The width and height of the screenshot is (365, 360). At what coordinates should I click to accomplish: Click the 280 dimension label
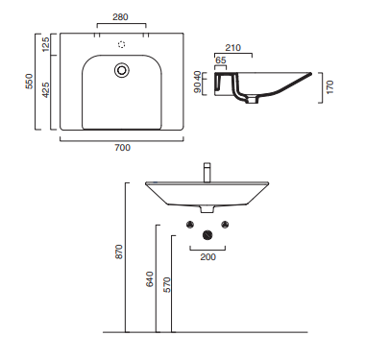point(120,17)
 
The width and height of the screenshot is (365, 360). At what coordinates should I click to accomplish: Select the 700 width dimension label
point(123,148)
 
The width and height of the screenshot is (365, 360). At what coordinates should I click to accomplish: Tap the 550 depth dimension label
point(29,82)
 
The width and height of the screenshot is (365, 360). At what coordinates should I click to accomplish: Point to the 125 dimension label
point(45,44)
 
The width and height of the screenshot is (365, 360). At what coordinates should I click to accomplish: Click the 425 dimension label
point(45,90)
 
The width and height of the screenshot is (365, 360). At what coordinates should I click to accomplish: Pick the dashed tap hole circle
point(122,44)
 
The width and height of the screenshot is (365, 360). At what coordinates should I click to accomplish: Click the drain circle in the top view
point(122,70)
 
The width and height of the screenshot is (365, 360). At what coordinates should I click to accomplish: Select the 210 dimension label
point(232,48)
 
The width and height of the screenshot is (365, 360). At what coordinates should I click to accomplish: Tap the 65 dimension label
point(221,60)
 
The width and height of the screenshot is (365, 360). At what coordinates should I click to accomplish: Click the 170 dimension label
point(330,87)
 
